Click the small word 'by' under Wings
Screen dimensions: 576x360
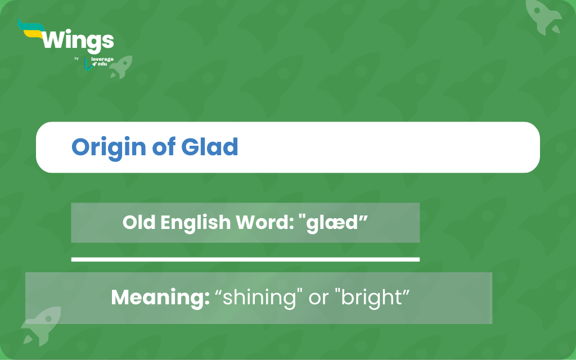click(76, 58)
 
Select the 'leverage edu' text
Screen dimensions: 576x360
click(102, 61)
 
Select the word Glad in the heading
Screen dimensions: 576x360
click(209, 147)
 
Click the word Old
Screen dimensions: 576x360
click(139, 222)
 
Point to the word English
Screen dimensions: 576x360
click(195, 223)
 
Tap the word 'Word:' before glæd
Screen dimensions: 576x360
click(265, 222)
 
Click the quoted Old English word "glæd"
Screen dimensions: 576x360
click(333, 223)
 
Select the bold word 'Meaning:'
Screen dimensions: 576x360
click(160, 298)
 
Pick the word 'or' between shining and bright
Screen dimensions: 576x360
click(318, 298)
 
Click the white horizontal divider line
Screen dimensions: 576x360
click(245, 259)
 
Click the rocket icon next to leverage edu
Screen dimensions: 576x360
click(121, 67)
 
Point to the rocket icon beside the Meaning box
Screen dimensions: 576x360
click(41, 326)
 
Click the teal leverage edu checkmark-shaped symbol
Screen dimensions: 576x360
click(88, 64)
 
